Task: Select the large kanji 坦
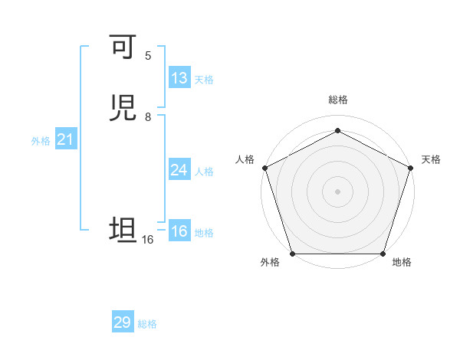click(123, 230)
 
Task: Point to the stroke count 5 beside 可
click(148, 56)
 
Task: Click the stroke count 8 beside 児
click(148, 116)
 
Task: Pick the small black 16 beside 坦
click(148, 240)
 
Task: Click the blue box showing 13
click(179, 78)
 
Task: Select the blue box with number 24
click(179, 170)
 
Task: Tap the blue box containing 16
click(179, 231)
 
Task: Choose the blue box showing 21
click(66, 139)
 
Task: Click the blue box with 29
click(123, 322)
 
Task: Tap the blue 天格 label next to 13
click(204, 80)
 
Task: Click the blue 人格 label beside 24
click(204, 172)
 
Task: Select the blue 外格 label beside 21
click(41, 141)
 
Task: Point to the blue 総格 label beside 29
click(147, 324)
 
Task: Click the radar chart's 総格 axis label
click(337, 100)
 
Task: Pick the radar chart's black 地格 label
click(402, 263)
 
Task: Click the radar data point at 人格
click(264, 167)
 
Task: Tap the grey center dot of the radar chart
click(337, 191)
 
